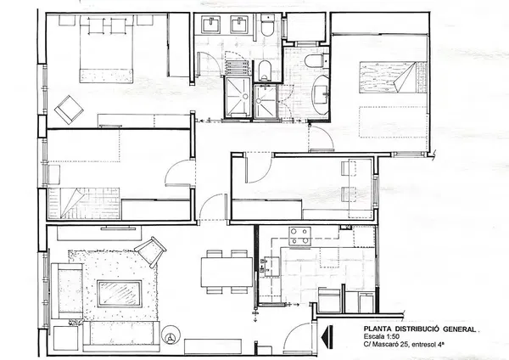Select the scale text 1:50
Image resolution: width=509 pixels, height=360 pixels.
click(x=391, y=336)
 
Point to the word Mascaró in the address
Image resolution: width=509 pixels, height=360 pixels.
click(x=385, y=344)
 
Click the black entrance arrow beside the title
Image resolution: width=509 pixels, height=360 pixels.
click(x=327, y=337)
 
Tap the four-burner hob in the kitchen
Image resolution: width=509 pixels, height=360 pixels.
click(x=299, y=236)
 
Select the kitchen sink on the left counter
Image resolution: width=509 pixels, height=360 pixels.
click(x=271, y=267)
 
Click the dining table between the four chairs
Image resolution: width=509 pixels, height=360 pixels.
click(x=227, y=272)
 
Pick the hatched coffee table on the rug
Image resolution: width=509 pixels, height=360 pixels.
click(x=120, y=294)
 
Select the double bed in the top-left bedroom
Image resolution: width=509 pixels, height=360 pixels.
click(x=107, y=49)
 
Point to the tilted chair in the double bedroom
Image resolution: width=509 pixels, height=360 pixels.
click(x=69, y=110)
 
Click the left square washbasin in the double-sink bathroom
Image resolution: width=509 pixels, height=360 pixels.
click(x=211, y=25)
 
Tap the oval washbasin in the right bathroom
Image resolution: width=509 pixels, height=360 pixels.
click(x=321, y=94)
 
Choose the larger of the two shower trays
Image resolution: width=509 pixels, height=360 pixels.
click(x=238, y=97)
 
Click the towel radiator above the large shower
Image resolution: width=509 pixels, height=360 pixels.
click(x=238, y=68)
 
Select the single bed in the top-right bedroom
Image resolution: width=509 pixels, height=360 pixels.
click(x=393, y=77)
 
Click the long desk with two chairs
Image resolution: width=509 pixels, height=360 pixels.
click(x=361, y=188)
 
